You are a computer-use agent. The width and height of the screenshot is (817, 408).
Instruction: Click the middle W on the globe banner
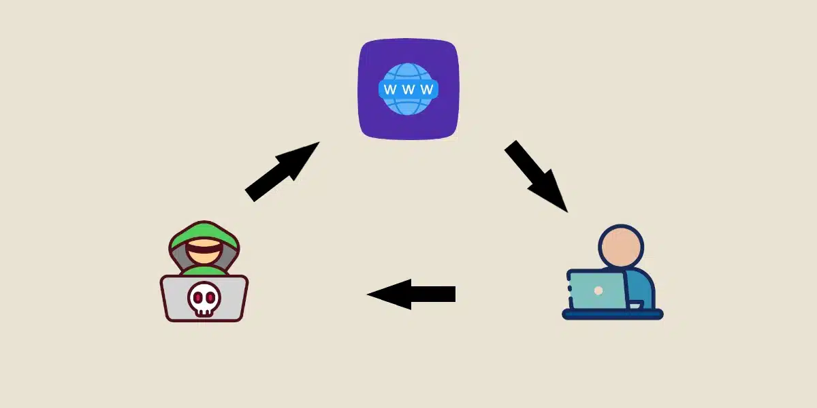pyautogui.click(x=408, y=89)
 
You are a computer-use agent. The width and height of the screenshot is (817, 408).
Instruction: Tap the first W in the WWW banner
pyautogui.click(x=390, y=89)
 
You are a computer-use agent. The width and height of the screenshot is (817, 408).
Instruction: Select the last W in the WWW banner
pyautogui.click(x=427, y=89)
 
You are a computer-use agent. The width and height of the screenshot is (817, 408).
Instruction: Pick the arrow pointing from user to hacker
pyautogui.click(x=415, y=294)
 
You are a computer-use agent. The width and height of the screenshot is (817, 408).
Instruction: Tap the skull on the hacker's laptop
pyautogui.click(x=204, y=298)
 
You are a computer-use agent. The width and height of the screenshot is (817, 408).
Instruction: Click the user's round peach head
pyautogui.click(x=620, y=245)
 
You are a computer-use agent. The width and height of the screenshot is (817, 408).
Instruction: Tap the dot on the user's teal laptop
pyautogui.click(x=598, y=290)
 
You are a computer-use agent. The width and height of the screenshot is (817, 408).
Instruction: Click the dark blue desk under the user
pyautogui.click(x=613, y=314)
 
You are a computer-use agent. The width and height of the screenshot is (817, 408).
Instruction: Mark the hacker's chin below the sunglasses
pyautogui.click(x=204, y=258)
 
